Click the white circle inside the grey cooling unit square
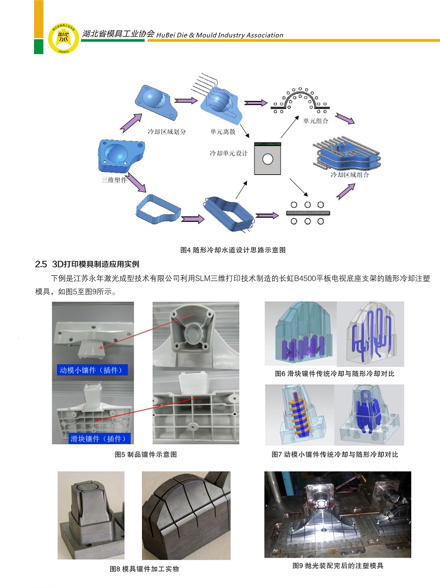click(268, 159)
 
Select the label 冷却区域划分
click(167, 132)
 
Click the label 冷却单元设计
click(229, 153)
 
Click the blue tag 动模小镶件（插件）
click(94, 370)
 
